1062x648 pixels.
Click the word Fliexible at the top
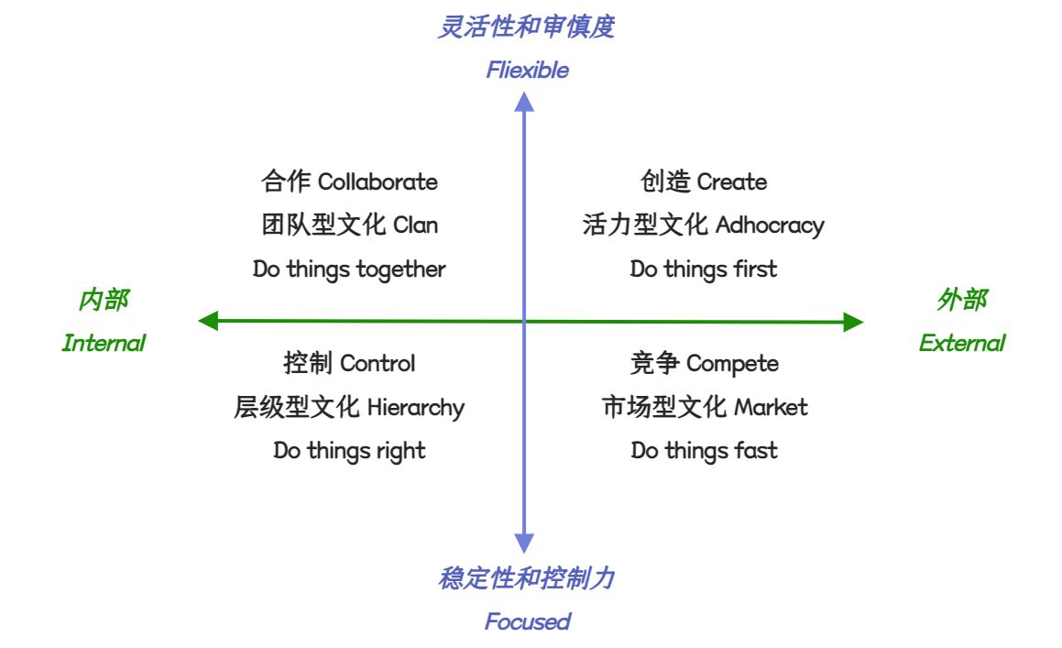[x=527, y=71]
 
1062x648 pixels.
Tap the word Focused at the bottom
[x=527, y=621]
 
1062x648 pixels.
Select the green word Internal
[x=104, y=344]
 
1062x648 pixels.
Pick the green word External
[x=961, y=344]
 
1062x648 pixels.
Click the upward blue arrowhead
[x=524, y=102]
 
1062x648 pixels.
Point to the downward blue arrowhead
[x=524, y=544]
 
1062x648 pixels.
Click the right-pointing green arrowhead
[x=853, y=322]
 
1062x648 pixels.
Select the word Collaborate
[x=378, y=181]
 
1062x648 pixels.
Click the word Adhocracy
[x=770, y=225]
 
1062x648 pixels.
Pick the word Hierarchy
[x=415, y=408]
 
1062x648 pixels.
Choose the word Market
[x=771, y=407]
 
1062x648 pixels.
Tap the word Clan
[x=415, y=225]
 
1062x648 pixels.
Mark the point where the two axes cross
[x=524, y=322]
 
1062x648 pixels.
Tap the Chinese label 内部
[x=104, y=300]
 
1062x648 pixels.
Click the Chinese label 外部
[x=961, y=300]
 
